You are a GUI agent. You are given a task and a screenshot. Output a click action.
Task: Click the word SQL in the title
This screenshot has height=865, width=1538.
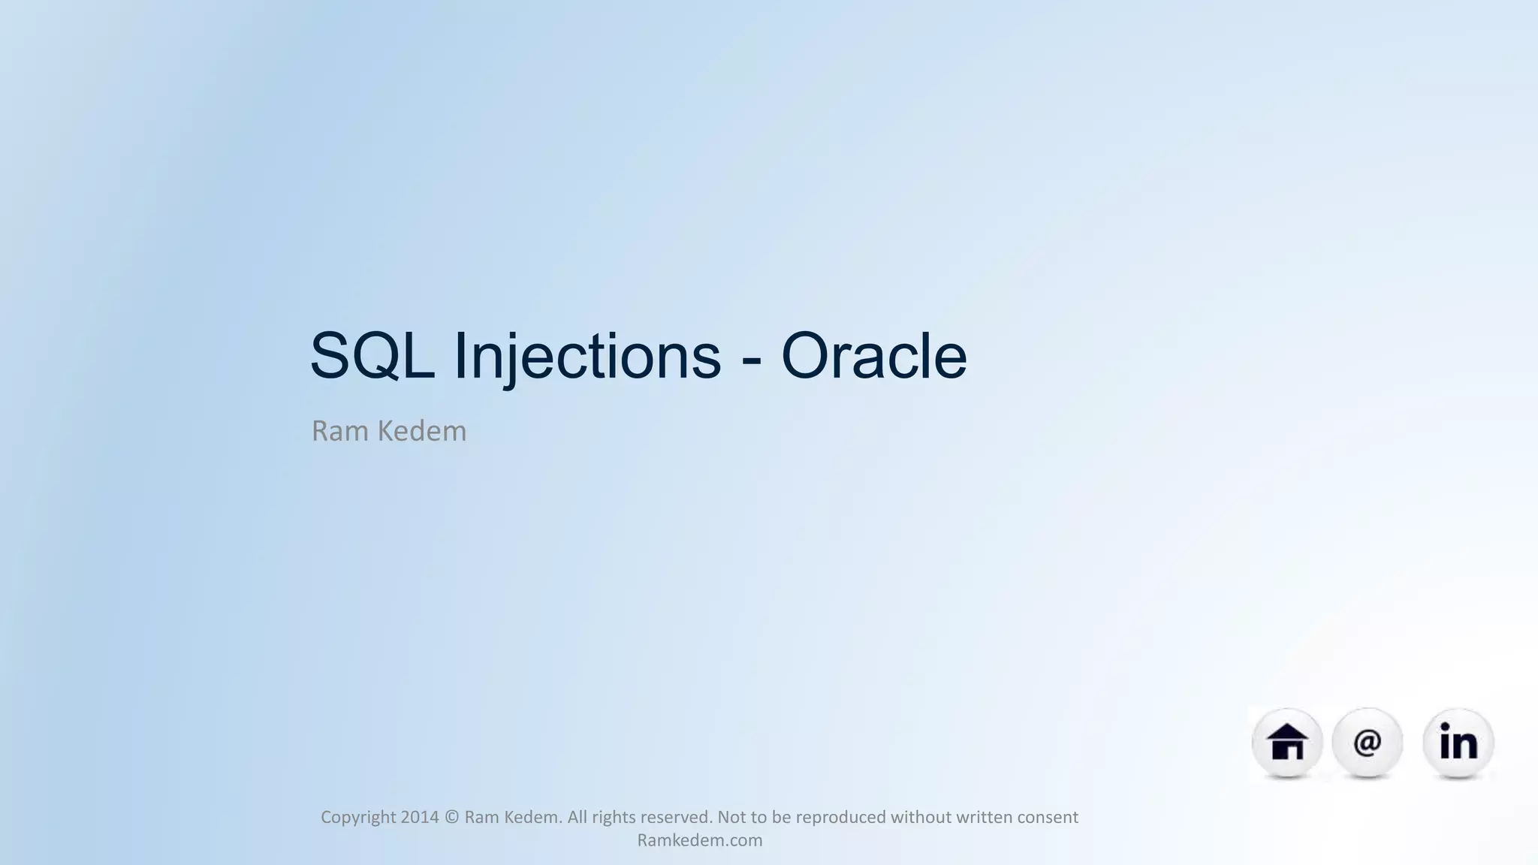click(372, 356)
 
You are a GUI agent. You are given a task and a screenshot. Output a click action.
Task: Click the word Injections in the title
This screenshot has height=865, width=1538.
click(587, 356)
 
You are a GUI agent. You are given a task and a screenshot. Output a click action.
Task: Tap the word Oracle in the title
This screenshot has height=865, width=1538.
click(873, 356)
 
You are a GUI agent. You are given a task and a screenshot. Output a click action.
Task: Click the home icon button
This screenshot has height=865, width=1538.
click(1286, 743)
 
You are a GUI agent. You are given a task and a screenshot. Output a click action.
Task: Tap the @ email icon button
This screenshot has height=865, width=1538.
click(1367, 743)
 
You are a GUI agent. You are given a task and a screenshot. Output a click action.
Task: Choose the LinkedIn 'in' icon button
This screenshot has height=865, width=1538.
click(1458, 743)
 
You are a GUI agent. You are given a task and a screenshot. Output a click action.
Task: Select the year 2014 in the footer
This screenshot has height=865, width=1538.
click(419, 817)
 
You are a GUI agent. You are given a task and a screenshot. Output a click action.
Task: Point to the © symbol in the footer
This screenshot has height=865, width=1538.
click(451, 817)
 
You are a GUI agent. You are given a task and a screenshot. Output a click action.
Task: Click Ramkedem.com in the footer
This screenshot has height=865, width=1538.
click(699, 840)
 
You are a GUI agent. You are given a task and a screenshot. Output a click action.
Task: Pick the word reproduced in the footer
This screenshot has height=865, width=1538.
click(840, 817)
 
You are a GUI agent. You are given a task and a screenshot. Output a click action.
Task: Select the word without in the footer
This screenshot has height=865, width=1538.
click(918, 817)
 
